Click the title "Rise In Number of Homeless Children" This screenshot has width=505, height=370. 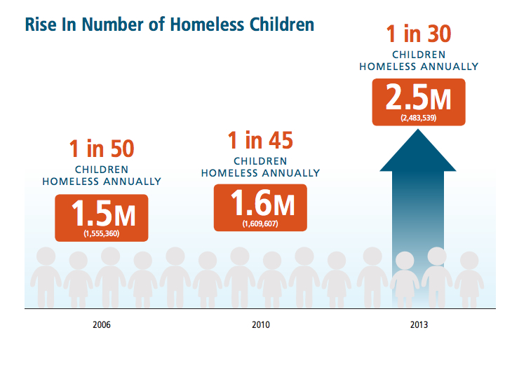169,25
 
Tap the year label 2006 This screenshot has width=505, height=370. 101,325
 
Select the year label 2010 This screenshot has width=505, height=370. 260,325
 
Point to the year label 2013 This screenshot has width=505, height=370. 420,325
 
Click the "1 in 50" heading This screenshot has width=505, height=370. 101,149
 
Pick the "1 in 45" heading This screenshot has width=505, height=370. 260,140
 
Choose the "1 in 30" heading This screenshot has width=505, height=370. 419,34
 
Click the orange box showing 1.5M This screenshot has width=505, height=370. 101,217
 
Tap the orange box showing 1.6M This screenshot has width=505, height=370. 260,207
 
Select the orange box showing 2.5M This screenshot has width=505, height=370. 419,102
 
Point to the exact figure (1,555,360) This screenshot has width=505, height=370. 101,233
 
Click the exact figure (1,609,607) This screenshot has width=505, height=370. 260,224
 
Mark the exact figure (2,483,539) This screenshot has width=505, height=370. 419,118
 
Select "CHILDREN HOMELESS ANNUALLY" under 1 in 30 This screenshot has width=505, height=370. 419,61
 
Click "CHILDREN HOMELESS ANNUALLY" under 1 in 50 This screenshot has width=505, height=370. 101,175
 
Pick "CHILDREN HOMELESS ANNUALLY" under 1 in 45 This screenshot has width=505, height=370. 260,167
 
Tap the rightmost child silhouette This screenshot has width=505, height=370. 469,280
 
